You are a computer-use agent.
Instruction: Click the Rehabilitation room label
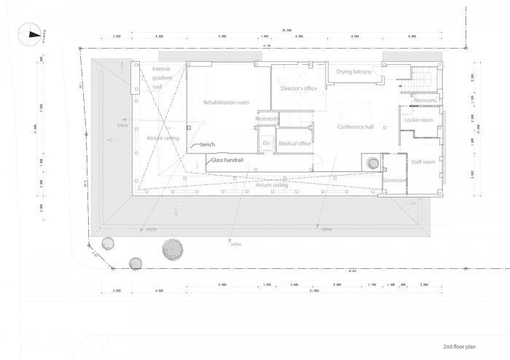226,103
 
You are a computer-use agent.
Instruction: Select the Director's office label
299,88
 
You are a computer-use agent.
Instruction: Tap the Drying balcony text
354,71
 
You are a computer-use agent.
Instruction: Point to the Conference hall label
355,127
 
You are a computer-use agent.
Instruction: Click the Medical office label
294,143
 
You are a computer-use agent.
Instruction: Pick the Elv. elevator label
267,143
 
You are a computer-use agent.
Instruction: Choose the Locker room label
418,120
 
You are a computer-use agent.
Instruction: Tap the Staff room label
422,161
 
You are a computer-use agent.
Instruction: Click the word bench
208,145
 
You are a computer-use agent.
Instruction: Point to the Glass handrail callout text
227,159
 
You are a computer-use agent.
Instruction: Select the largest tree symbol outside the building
173,249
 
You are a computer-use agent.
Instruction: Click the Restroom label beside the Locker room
424,99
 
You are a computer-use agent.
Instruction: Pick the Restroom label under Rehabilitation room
267,119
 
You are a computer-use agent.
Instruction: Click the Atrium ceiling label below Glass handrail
270,185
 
